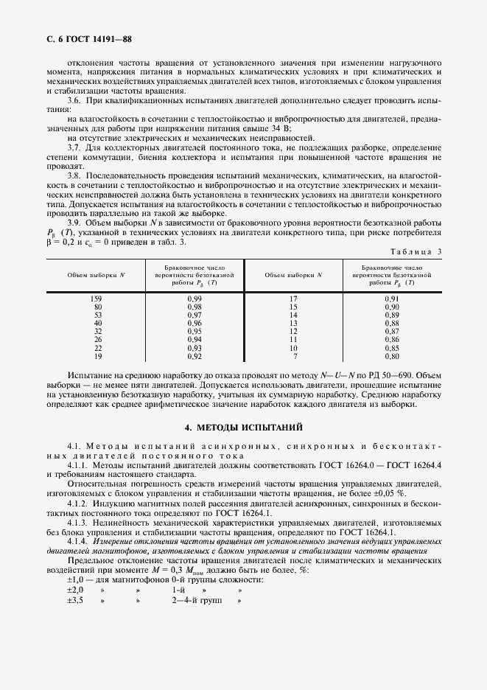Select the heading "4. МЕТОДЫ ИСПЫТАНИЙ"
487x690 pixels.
(x=243, y=428)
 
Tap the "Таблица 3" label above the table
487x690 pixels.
(x=416, y=251)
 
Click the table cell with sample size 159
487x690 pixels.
(x=97, y=297)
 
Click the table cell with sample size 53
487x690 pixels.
(x=97, y=314)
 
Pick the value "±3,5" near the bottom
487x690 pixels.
(x=75, y=600)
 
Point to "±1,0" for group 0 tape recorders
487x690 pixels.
(x=75, y=581)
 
